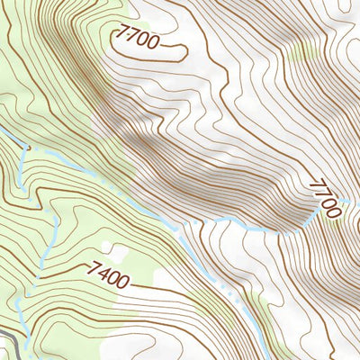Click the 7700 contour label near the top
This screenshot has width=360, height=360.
click(x=138, y=40)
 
